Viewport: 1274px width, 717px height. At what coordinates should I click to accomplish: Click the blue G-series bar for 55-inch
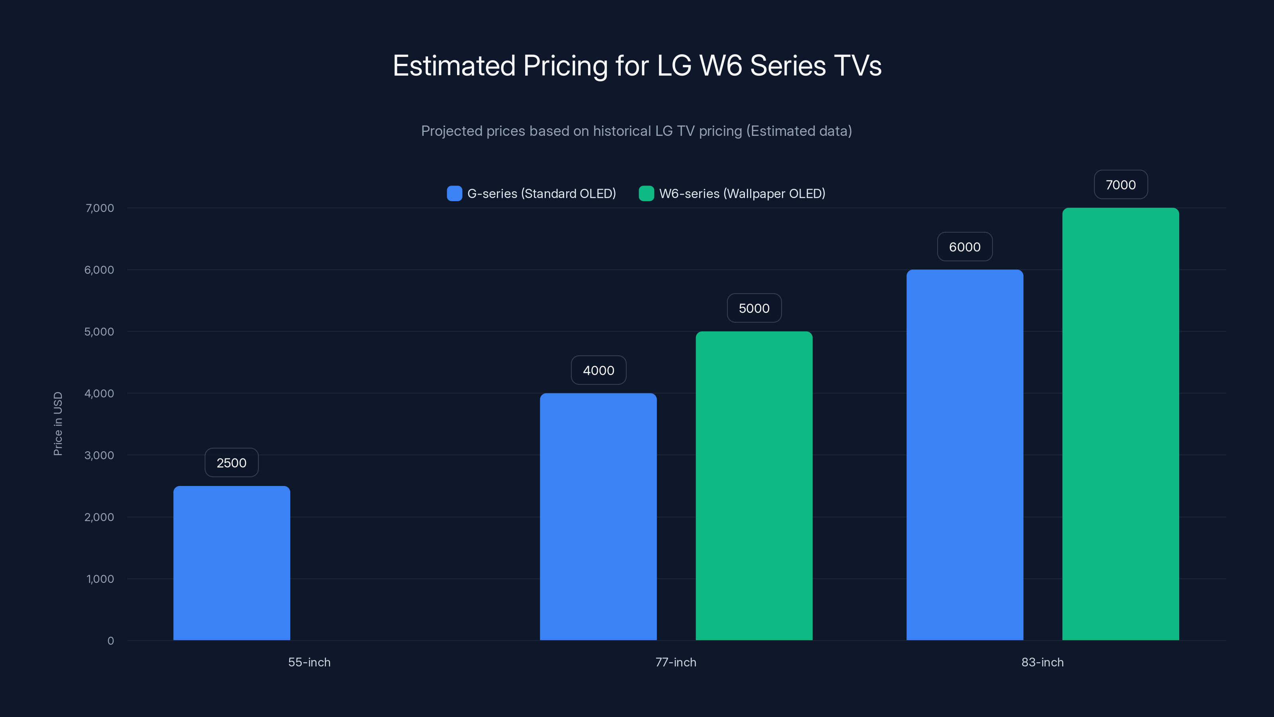tap(231, 563)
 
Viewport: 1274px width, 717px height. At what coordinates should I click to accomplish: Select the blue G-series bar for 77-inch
tap(598, 517)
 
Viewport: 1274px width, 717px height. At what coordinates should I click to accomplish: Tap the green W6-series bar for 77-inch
tap(754, 486)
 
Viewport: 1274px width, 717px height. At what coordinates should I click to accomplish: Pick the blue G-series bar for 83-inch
tap(964, 455)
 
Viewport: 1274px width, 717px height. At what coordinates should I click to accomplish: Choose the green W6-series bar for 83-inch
tap(1120, 424)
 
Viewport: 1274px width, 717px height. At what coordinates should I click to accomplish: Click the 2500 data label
tap(231, 462)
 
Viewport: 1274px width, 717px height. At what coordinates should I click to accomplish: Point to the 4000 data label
tap(598, 370)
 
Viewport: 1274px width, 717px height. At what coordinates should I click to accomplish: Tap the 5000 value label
tap(754, 308)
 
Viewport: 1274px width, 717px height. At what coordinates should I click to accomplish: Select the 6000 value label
tap(964, 247)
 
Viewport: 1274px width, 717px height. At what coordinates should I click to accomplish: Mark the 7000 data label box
tap(1120, 184)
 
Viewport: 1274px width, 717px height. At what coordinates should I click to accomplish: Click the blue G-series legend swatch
tap(454, 194)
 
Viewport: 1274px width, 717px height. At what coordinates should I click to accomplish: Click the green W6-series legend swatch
tap(646, 194)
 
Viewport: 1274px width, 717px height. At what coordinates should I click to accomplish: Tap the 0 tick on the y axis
tap(110, 641)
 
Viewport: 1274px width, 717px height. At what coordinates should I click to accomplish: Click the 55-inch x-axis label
tap(309, 662)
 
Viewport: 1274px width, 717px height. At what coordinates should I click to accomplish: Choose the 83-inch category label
tap(1042, 662)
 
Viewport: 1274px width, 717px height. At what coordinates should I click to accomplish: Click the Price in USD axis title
tap(58, 423)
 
